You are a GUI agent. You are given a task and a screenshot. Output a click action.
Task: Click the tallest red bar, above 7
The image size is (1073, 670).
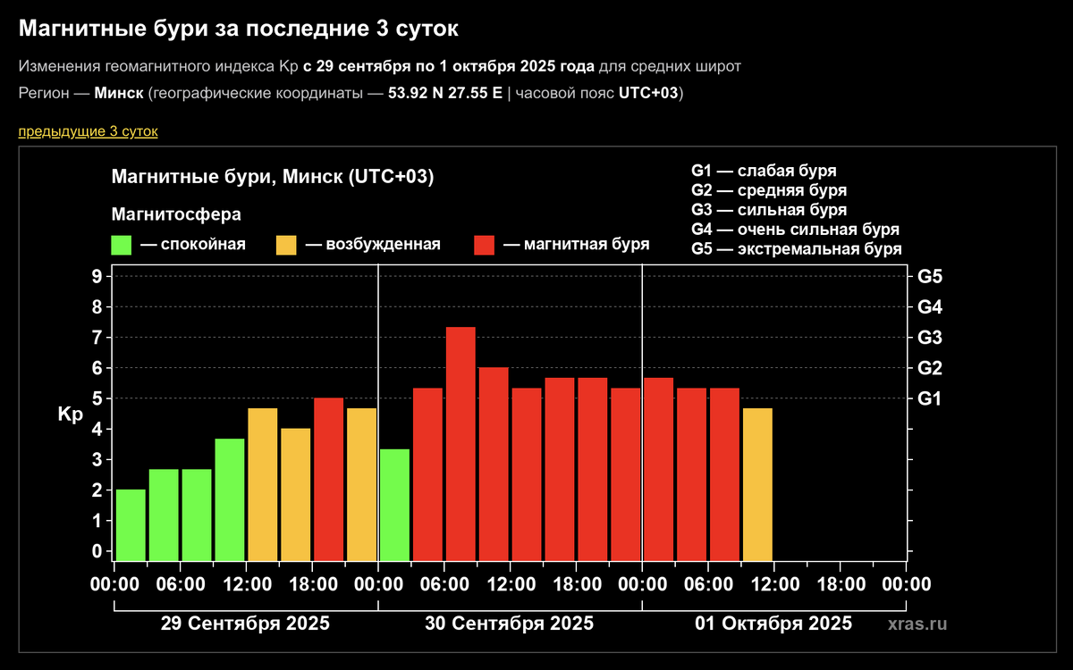coord(460,442)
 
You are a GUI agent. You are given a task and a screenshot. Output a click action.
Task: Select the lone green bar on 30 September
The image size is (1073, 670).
coord(394,504)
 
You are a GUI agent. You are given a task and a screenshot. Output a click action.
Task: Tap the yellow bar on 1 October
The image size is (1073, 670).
coord(757,483)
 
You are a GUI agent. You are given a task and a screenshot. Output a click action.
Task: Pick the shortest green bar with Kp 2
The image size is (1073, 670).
coord(131,524)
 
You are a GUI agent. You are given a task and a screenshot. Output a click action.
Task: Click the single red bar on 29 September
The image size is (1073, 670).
coord(328,478)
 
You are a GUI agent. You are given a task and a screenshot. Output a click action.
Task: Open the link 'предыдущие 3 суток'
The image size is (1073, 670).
coord(88,131)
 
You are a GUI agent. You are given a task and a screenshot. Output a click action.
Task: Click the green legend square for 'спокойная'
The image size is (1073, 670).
coord(121,245)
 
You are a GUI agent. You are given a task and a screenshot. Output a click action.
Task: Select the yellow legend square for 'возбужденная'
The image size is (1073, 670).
coord(286,245)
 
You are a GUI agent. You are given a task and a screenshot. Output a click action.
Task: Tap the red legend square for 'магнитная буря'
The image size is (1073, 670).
coord(484,245)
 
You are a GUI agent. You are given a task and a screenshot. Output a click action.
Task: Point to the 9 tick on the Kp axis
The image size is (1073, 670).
coord(96,276)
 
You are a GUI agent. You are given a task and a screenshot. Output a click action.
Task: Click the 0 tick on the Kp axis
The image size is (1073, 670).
coord(96,551)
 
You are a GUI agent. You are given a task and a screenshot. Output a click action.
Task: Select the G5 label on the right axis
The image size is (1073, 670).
coord(930,276)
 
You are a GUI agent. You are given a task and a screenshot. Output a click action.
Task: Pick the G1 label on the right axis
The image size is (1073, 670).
coord(930,398)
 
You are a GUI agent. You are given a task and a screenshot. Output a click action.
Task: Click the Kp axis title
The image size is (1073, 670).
coord(70,415)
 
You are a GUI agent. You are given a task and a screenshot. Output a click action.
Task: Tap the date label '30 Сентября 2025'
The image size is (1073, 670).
coord(510,623)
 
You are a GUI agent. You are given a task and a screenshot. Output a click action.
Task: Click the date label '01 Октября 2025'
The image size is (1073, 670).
coord(773,623)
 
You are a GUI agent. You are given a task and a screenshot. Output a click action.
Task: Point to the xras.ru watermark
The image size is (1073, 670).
coord(917,624)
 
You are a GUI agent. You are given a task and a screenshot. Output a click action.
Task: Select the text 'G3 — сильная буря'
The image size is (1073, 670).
coord(768,210)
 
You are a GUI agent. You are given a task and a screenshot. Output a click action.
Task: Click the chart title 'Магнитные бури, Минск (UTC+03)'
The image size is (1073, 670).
coord(272,177)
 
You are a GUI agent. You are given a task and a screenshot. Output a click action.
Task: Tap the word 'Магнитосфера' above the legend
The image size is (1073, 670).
coord(176,214)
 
